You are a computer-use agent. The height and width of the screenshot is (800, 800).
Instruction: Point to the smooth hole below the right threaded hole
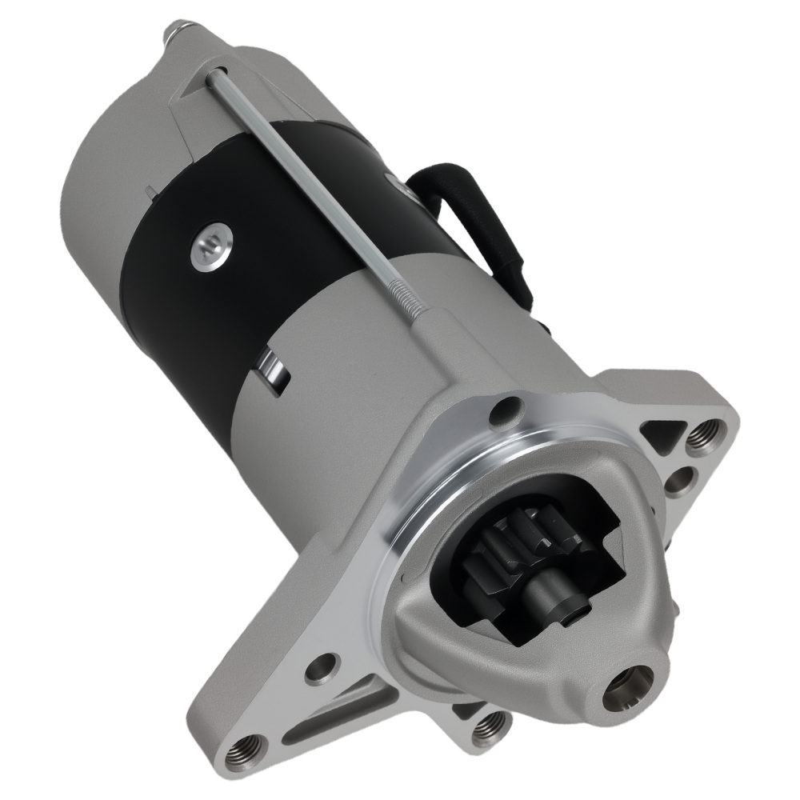(682, 482)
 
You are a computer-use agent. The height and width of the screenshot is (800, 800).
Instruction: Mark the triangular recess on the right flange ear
(666, 436)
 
